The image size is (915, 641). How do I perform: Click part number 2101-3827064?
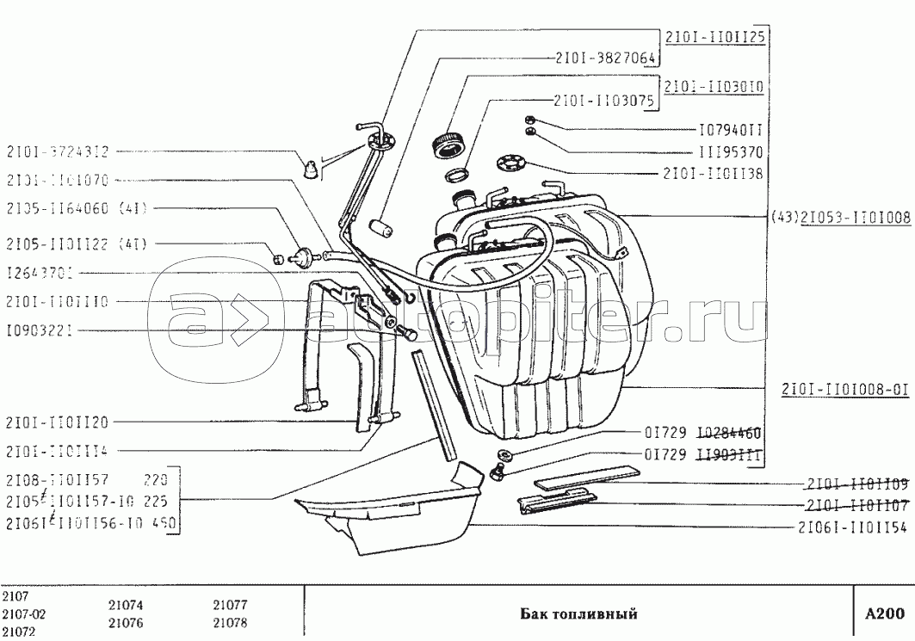(603, 59)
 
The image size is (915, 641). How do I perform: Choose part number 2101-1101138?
(714, 173)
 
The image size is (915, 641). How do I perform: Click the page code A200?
(884, 614)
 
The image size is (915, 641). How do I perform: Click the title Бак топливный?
(578, 614)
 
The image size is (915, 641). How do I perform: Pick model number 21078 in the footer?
(230, 623)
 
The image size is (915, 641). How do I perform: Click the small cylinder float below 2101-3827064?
(380, 231)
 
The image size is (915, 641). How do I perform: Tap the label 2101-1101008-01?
(845, 389)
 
